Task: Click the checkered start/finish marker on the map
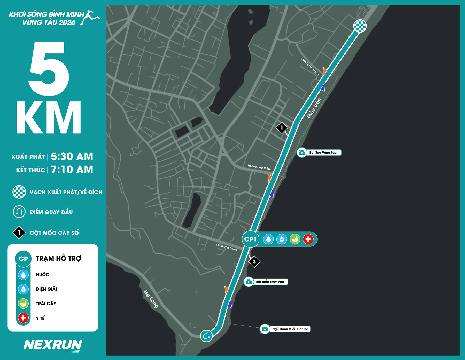point(360,26)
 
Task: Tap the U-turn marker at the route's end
point(206,336)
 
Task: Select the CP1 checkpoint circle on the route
point(250,239)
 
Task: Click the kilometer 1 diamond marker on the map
point(282,127)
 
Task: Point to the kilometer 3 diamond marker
point(254,262)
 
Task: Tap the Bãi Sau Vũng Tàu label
point(323,153)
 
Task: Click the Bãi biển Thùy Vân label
point(270,282)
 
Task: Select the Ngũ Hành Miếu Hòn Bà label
point(290,329)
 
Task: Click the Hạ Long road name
point(151,299)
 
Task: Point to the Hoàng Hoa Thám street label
point(259,167)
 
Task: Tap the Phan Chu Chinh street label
point(227,247)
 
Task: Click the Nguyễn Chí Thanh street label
point(309,66)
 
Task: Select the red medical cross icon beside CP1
point(308,239)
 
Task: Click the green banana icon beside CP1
point(295,239)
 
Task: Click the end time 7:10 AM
point(72,170)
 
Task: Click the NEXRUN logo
point(53,345)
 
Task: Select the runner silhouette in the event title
point(90,18)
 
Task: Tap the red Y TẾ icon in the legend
point(23,318)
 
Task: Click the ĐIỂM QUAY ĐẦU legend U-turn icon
point(19,212)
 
